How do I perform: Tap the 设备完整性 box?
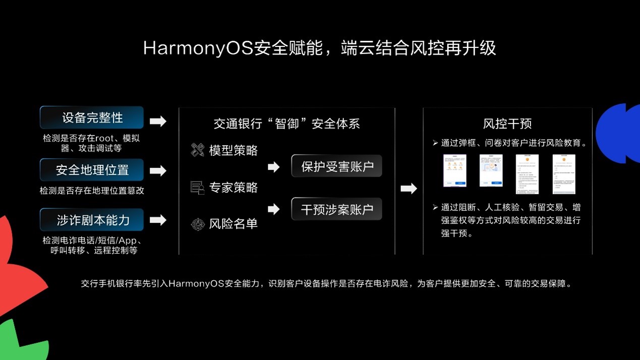pyautogui.click(x=92, y=117)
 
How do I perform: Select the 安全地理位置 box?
pyautogui.click(x=92, y=170)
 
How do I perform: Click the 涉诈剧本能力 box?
pyautogui.click(x=92, y=220)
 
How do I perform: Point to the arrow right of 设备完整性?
pyautogui.click(x=158, y=121)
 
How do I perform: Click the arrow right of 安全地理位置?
pyautogui.click(x=158, y=171)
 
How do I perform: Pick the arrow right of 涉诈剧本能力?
pyautogui.click(x=158, y=220)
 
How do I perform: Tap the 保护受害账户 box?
pyautogui.click(x=336, y=166)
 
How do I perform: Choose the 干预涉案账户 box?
pyautogui.click(x=336, y=209)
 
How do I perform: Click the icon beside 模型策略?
pyautogui.click(x=197, y=150)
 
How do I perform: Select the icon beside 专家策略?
pyautogui.click(x=197, y=188)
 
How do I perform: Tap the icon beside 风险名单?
pyautogui.click(x=197, y=224)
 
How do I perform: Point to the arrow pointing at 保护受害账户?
pyautogui.click(x=273, y=167)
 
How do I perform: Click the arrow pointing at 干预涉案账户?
pyautogui.click(x=273, y=209)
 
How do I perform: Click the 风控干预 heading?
pyautogui.click(x=507, y=124)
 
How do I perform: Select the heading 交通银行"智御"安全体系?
pyautogui.click(x=286, y=124)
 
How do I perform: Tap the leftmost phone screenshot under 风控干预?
pyautogui.click(x=454, y=171)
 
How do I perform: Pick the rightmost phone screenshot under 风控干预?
pyautogui.click(x=564, y=174)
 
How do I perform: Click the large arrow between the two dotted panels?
pyautogui.click(x=409, y=189)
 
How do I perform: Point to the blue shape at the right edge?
pyautogui.click(x=619, y=133)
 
